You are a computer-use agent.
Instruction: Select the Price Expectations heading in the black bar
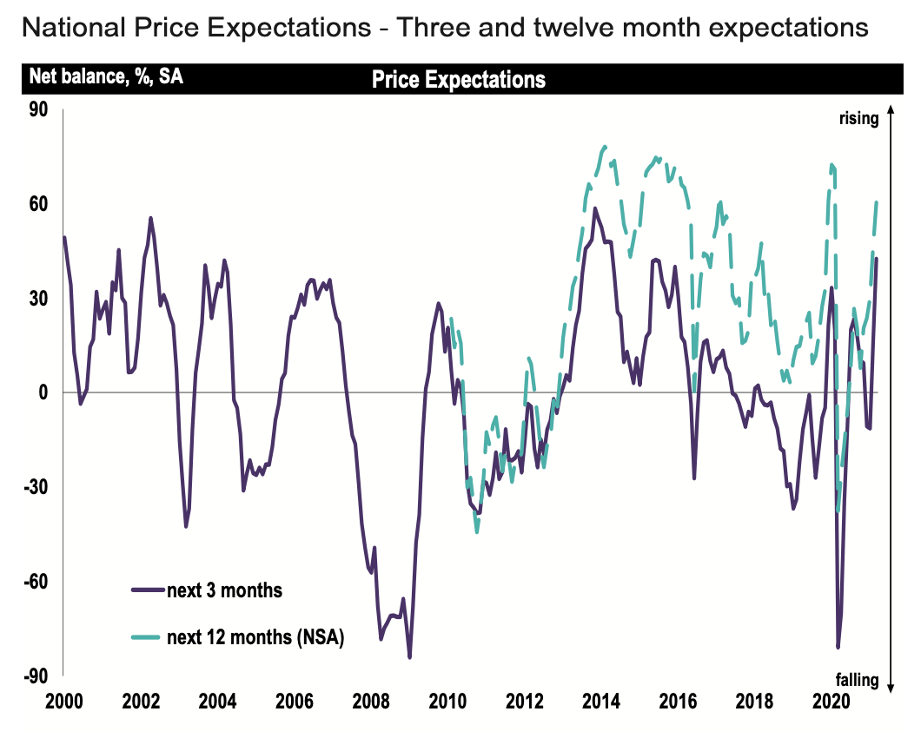pyautogui.click(x=459, y=80)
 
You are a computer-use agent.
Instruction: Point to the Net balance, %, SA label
pyautogui.click(x=106, y=76)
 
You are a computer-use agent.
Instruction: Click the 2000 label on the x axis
pyautogui.click(x=64, y=702)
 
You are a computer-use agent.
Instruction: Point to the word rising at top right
pyautogui.click(x=858, y=119)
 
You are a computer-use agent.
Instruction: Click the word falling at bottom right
pyautogui.click(x=858, y=680)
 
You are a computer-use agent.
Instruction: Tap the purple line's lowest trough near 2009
pyautogui.click(x=409, y=657)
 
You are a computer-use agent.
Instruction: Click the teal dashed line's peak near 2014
pyautogui.click(x=604, y=147)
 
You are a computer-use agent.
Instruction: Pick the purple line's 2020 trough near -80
pyautogui.click(x=838, y=647)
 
